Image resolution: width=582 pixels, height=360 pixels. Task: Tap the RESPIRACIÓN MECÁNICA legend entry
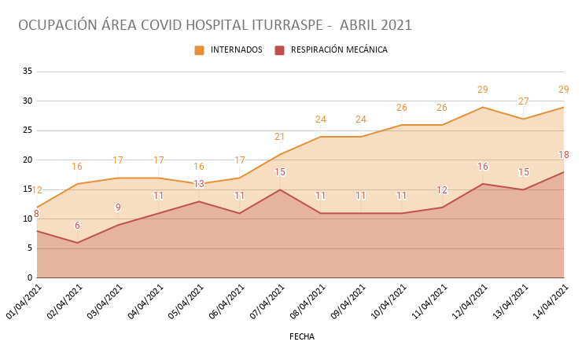click(x=339, y=50)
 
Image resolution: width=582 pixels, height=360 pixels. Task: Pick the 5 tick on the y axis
click(x=29, y=248)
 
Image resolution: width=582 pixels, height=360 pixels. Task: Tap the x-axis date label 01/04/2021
click(x=24, y=303)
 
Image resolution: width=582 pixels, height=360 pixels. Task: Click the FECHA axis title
click(x=302, y=336)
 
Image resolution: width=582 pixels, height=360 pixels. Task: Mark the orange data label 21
click(x=280, y=137)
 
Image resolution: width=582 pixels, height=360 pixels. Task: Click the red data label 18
click(x=564, y=156)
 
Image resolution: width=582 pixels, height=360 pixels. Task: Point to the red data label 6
click(x=77, y=226)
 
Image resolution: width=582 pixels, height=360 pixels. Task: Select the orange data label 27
click(x=523, y=101)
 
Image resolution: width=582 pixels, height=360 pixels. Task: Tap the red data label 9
click(x=118, y=208)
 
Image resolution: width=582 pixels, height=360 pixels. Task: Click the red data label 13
click(x=199, y=184)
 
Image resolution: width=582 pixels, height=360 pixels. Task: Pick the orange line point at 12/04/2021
click(x=483, y=107)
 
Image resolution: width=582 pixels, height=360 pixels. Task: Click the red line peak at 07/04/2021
click(x=280, y=189)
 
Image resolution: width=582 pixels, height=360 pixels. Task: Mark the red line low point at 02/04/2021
click(x=77, y=243)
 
